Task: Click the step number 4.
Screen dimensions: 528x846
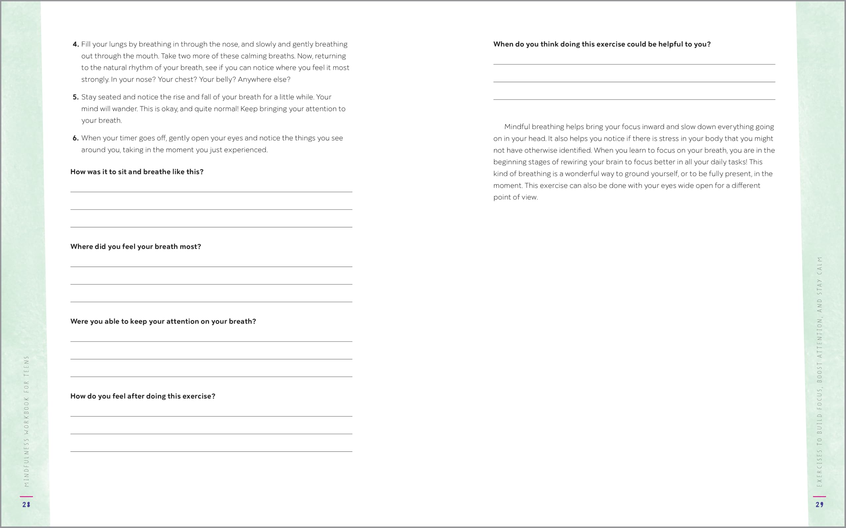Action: (x=75, y=44)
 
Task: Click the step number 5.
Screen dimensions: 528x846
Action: (x=75, y=97)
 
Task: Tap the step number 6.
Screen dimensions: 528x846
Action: (x=75, y=138)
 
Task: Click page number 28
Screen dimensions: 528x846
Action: (x=26, y=505)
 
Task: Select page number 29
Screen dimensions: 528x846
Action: (x=820, y=505)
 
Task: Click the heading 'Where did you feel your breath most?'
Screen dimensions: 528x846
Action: (x=135, y=247)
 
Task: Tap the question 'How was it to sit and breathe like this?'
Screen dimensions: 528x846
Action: (x=137, y=172)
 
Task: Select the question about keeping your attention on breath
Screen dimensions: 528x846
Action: (x=163, y=321)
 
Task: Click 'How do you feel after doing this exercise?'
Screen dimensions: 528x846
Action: (x=143, y=396)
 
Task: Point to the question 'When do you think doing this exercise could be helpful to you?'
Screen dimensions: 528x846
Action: (x=602, y=44)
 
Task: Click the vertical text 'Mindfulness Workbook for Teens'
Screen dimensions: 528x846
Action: (x=26, y=421)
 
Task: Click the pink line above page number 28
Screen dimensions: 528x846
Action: (x=26, y=496)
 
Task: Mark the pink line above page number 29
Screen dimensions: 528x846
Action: (x=820, y=496)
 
